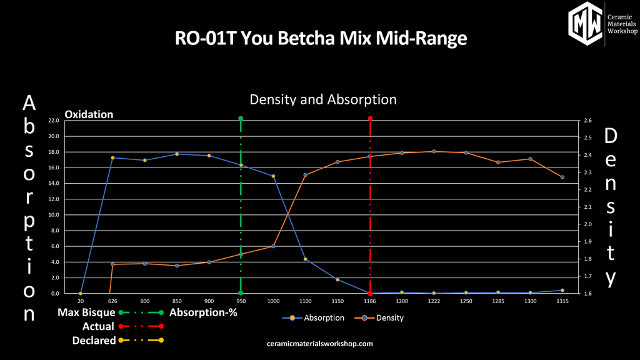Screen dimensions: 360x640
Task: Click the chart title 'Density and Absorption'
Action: pyautogui.click(x=322, y=99)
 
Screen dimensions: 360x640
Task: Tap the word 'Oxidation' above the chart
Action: pyautogui.click(x=89, y=114)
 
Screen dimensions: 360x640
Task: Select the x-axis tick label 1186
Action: pyautogui.click(x=370, y=301)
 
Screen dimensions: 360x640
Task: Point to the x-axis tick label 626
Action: pyautogui.click(x=112, y=301)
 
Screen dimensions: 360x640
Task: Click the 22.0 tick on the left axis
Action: pyautogui.click(x=53, y=121)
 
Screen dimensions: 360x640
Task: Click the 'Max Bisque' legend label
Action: pyautogui.click(x=86, y=312)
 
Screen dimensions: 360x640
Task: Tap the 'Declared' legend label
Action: pyautogui.click(x=94, y=341)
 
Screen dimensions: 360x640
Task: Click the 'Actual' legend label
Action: pyautogui.click(x=98, y=326)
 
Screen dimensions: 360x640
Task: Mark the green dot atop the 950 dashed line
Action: pyautogui.click(x=241, y=118)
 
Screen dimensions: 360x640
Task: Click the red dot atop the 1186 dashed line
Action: pyautogui.click(x=370, y=118)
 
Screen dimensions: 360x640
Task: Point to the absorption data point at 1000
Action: pyautogui.click(x=273, y=176)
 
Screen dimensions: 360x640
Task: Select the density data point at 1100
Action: pyautogui.click(x=305, y=175)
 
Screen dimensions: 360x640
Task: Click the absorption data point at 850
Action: pyautogui.click(x=177, y=154)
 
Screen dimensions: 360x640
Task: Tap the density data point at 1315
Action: pyautogui.click(x=562, y=177)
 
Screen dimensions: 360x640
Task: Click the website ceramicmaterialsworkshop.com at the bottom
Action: pyautogui.click(x=319, y=344)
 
